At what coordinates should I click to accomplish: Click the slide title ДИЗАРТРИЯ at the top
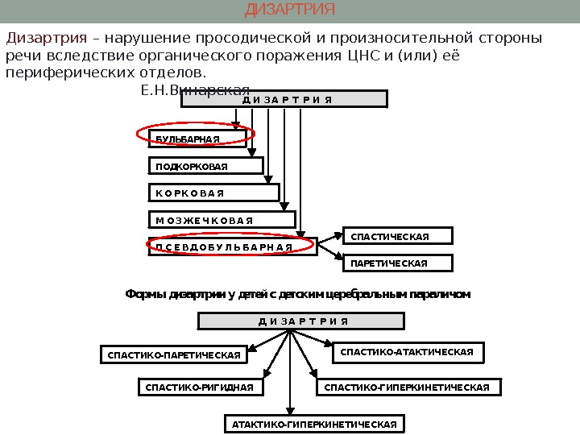click(289, 10)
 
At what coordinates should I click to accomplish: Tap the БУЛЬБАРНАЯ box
click(197, 139)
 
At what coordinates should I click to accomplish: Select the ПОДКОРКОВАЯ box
click(206, 166)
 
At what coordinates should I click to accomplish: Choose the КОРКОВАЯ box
click(214, 193)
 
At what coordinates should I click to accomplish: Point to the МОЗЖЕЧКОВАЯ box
click(222, 220)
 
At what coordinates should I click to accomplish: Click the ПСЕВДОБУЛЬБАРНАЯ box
click(230, 246)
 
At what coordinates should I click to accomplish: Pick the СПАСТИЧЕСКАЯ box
click(399, 236)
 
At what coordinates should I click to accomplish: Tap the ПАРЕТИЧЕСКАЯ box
click(399, 263)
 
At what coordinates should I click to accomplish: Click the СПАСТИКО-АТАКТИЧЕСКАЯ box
click(408, 352)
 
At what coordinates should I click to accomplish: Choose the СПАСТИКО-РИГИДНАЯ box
click(199, 388)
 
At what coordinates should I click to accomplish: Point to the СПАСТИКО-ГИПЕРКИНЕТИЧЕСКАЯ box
click(408, 388)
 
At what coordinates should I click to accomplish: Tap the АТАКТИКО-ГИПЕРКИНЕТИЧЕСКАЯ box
click(313, 424)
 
